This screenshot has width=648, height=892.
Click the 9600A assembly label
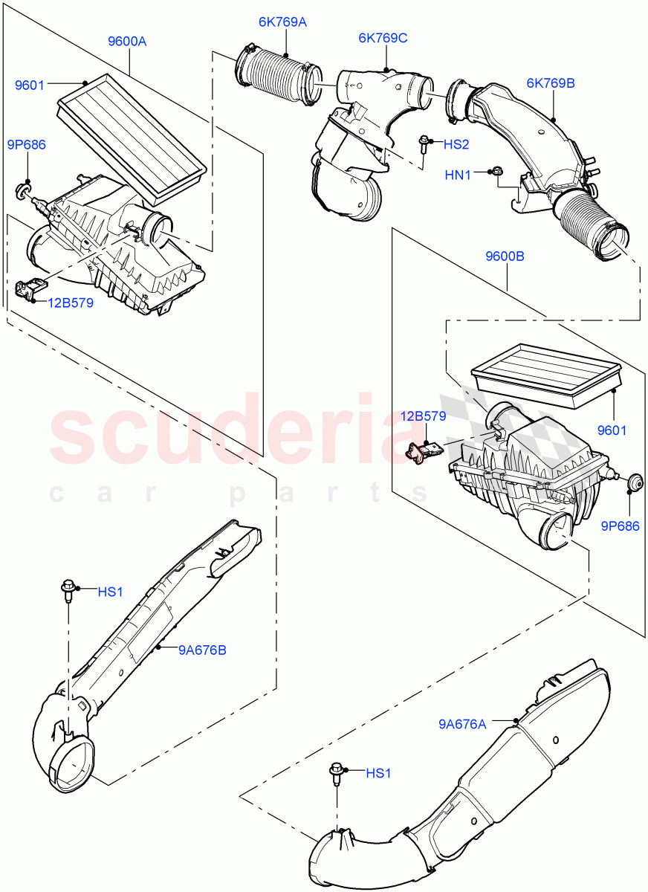pyautogui.click(x=127, y=42)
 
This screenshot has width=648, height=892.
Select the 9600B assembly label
pyautogui.click(x=505, y=256)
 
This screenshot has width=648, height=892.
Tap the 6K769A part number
pyautogui.click(x=282, y=22)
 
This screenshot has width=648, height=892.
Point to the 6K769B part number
pyautogui.click(x=551, y=84)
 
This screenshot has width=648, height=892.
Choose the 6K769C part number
pyautogui.click(x=383, y=38)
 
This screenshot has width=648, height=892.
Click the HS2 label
pyautogui.click(x=456, y=143)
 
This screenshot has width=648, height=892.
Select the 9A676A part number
pyautogui.click(x=463, y=723)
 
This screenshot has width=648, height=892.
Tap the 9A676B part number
pyautogui.click(x=202, y=650)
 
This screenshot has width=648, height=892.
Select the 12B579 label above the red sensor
pyautogui.click(x=424, y=416)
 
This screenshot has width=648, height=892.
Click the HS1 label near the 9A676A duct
pyautogui.click(x=378, y=774)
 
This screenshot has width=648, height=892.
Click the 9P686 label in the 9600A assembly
pyautogui.click(x=25, y=144)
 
